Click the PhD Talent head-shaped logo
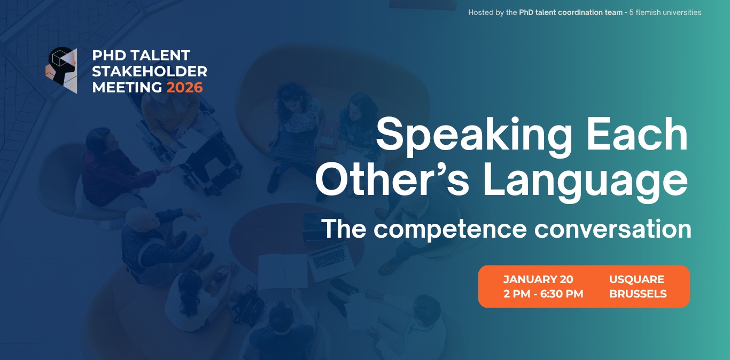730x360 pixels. pos(61,70)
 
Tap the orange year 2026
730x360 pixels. pos(184,88)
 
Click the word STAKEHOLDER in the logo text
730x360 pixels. pos(150,72)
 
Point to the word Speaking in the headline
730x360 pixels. pos(474,136)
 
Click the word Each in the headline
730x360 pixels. pos(637,134)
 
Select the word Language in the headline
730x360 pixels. pos(585,183)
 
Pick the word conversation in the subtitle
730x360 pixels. pos(612,229)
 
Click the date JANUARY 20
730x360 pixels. pos(538,279)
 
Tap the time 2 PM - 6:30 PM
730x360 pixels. pos(543,294)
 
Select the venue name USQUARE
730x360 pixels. pos(636,279)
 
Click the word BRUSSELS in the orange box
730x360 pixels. pos(638,294)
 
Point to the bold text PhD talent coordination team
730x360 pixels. pos(571,12)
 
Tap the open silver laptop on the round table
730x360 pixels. pos(330,261)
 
